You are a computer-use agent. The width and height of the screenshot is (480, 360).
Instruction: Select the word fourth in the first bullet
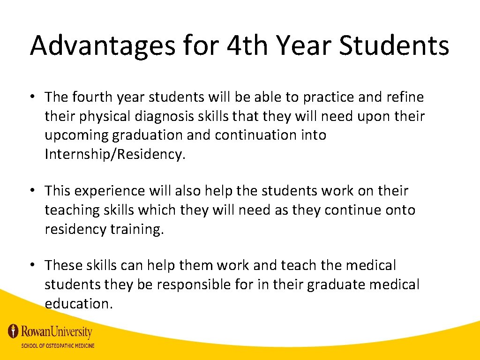click(x=89, y=97)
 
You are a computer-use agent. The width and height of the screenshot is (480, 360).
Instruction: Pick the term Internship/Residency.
click(x=115, y=155)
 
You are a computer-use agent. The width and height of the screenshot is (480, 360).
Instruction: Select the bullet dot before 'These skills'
click(x=34, y=265)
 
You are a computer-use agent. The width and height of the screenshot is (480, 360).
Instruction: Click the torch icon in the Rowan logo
click(x=14, y=331)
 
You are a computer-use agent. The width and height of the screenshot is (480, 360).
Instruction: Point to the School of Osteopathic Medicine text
click(x=57, y=346)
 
